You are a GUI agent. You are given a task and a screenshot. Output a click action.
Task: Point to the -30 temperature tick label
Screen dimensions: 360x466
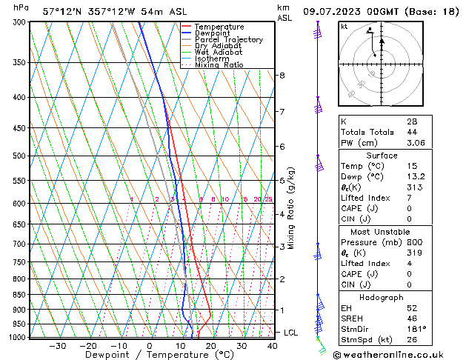(x=57, y=346)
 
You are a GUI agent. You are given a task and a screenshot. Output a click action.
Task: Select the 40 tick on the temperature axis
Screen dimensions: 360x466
(x=272, y=346)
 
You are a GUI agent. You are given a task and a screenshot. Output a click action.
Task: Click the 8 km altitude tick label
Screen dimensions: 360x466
(x=282, y=76)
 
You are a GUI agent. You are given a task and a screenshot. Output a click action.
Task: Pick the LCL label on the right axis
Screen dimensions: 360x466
(x=290, y=333)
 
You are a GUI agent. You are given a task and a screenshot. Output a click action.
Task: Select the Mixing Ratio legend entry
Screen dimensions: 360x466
(x=219, y=64)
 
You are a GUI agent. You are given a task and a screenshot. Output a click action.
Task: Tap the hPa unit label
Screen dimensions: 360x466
(x=21, y=7)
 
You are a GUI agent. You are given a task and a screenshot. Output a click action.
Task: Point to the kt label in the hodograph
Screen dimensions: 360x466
(x=344, y=27)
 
